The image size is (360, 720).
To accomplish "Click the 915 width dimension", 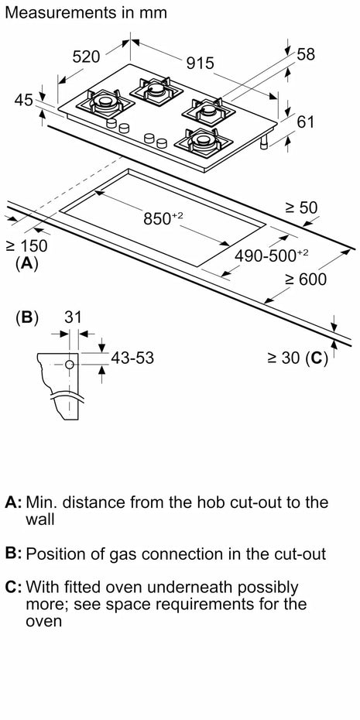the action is tap(201, 63).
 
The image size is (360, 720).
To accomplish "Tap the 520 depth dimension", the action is tap(87, 57).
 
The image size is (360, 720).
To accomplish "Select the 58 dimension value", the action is tap(307, 54).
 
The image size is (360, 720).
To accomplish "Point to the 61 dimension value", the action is tap(305, 122).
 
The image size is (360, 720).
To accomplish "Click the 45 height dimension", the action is tap(24, 99).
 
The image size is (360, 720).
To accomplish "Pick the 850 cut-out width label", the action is tap(163, 218).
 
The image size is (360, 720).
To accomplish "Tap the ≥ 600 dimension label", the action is tap(305, 279).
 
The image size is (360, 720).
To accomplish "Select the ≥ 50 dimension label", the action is tap(301, 208).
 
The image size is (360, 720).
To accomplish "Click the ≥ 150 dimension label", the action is tap(26, 246).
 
